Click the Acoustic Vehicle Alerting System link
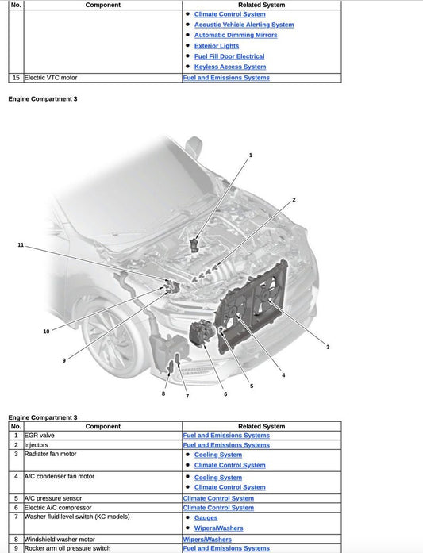click(x=244, y=25)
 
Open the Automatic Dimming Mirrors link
click(x=236, y=35)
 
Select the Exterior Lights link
click(x=216, y=46)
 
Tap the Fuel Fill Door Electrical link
click(x=229, y=56)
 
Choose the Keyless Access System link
click(x=229, y=67)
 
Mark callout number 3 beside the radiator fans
click(x=328, y=347)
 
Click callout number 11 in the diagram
click(x=21, y=245)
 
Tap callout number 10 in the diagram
click(x=46, y=331)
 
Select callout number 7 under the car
click(x=187, y=395)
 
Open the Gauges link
click(x=206, y=517)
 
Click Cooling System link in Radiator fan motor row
click(x=217, y=455)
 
